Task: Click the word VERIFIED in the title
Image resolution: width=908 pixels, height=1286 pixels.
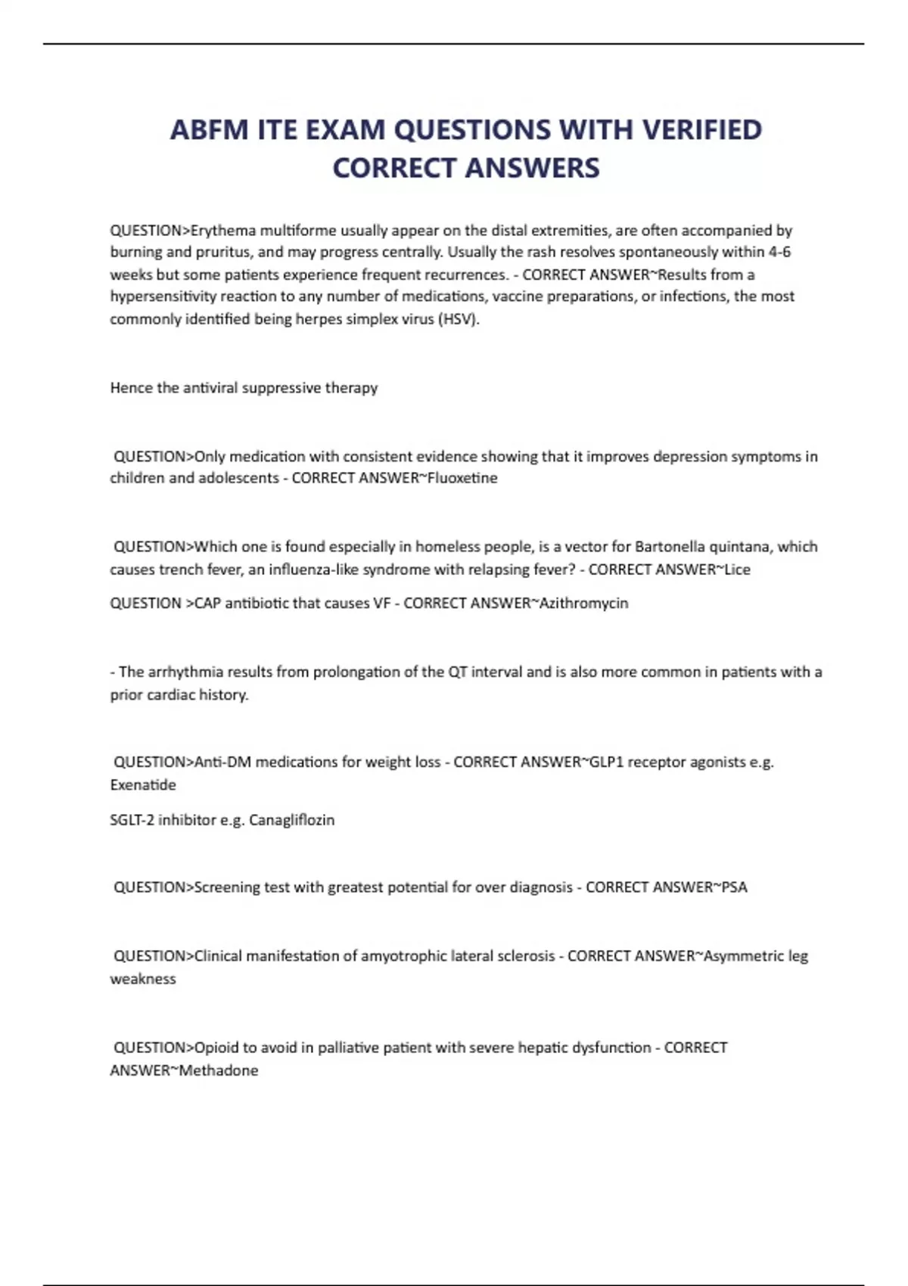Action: pyautogui.click(x=701, y=130)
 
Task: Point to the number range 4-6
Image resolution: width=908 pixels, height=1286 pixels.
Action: pyautogui.click(x=779, y=252)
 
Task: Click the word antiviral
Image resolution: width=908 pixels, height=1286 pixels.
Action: pyautogui.click(x=210, y=388)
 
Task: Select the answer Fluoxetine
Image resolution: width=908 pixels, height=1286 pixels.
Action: pyautogui.click(x=462, y=478)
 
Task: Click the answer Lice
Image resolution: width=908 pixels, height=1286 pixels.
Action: pyautogui.click(x=737, y=570)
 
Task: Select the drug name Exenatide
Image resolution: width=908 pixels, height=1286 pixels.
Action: pyautogui.click(x=143, y=785)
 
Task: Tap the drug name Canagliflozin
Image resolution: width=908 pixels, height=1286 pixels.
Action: pyautogui.click(x=291, y=820)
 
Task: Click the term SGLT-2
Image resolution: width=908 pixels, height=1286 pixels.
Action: pyautogui.click(x=132, y=820)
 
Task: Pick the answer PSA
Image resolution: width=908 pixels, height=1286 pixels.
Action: pyautogui.click(x=734, y=887)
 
